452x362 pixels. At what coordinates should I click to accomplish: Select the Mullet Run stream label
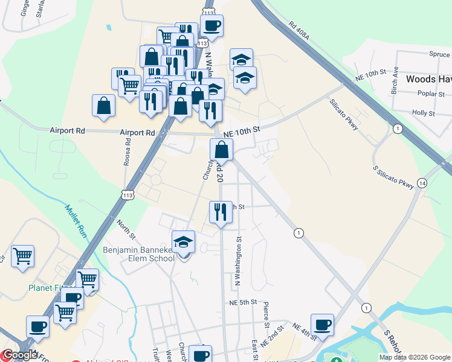pos(74,220)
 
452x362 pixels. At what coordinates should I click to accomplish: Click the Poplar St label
pos(431,94)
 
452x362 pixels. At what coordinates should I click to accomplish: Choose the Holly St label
pos(423,113)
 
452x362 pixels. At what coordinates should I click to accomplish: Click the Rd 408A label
pos(299,33)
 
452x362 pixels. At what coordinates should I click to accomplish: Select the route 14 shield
pos(422,183)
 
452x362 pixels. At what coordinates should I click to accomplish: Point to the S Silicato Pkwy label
pos(393,176)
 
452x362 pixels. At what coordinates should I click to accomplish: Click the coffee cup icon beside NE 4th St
pos(322,325)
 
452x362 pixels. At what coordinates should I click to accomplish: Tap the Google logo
pos(20,355)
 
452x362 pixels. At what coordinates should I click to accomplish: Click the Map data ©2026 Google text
pos(415,357)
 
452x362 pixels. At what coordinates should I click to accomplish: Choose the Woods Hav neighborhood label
pos(428,79)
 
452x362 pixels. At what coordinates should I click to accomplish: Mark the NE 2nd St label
pos(273,334)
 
